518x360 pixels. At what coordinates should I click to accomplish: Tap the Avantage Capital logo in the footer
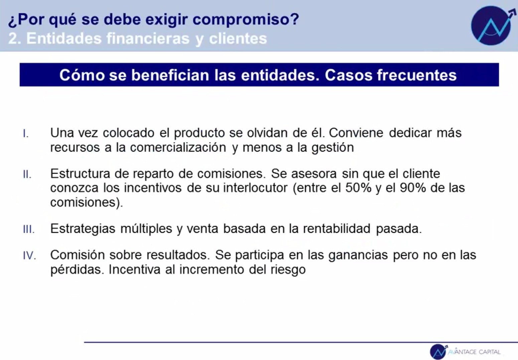[465, 352]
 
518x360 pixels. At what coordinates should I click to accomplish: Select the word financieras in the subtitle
[148, 38]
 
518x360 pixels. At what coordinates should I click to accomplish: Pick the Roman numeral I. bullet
[26, 134]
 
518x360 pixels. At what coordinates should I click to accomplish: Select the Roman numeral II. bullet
[27, 174]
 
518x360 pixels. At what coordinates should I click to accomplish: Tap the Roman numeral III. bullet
[29, 229]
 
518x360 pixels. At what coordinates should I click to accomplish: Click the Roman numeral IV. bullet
[30, 255]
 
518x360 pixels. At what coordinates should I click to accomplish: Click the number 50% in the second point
[358, 188]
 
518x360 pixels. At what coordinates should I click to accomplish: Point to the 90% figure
[413, 188]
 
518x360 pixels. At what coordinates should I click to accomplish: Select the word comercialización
[178, 147]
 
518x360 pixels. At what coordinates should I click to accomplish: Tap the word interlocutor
[255, 188]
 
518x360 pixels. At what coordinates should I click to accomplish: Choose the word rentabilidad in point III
[337, 228]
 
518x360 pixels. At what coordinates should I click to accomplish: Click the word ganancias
[358, 255]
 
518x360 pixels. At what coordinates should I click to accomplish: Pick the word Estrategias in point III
[83, 229]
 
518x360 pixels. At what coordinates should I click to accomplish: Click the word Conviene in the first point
[356, 133]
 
